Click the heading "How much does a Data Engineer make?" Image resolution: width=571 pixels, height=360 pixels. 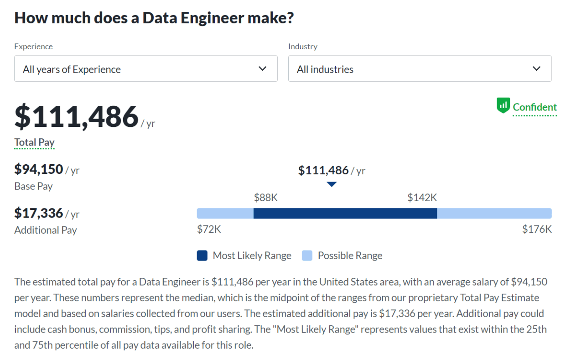[x=154, y=18]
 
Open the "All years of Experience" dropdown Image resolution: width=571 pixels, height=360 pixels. [x=145, y=69]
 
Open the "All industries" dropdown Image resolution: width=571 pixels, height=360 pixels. [x=420, y=69]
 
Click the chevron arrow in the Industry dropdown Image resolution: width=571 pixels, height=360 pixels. [x=536, y=69]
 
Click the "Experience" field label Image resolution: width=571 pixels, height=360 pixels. [x=33, y=47]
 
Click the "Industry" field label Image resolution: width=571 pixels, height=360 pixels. [x=302, y=47]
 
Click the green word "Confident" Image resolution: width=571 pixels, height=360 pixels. [x=535, y=107]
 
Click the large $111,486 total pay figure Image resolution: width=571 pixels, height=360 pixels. [x=77, y=116]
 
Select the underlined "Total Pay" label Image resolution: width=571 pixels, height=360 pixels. [x=34, y=142]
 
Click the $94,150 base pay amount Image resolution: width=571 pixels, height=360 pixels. [x=39, y=169]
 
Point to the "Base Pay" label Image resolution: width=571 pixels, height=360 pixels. [x=33, y=186]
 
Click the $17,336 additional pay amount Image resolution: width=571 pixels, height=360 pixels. [x=39, y=213]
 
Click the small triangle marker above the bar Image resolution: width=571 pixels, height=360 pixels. [x=332, y=184]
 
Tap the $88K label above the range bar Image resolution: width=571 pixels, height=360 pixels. [x=265, y=198]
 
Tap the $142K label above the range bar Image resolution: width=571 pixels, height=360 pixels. [x=422, y=198]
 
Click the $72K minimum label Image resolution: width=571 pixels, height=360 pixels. [x=209, y=229]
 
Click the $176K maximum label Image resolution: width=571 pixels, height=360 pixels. [x=537, y=229]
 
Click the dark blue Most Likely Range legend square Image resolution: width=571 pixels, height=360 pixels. [x=202, y=256]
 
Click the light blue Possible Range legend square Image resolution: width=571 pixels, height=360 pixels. [x=307, y=256]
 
